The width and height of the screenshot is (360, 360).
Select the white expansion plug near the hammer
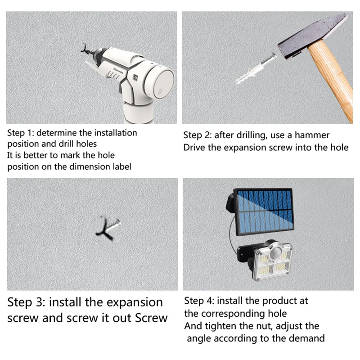[255, 68]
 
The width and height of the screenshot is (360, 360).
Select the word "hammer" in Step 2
[312, 135]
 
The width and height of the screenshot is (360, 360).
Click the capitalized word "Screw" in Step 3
[151, 318]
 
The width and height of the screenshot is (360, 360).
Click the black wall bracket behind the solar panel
[230, 202]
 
